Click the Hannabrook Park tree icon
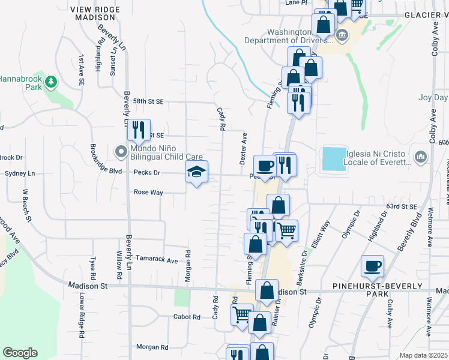coord(52,81)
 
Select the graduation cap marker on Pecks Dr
coord(196,173)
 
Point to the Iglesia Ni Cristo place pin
coord(421,157)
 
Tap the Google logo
coord(20,353)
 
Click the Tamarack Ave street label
coord(157,260)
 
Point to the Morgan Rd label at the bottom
coord(152,347)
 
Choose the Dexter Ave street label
coord(244,149)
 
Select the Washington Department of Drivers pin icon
coord(342,34)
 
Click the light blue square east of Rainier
coord(335,159)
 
